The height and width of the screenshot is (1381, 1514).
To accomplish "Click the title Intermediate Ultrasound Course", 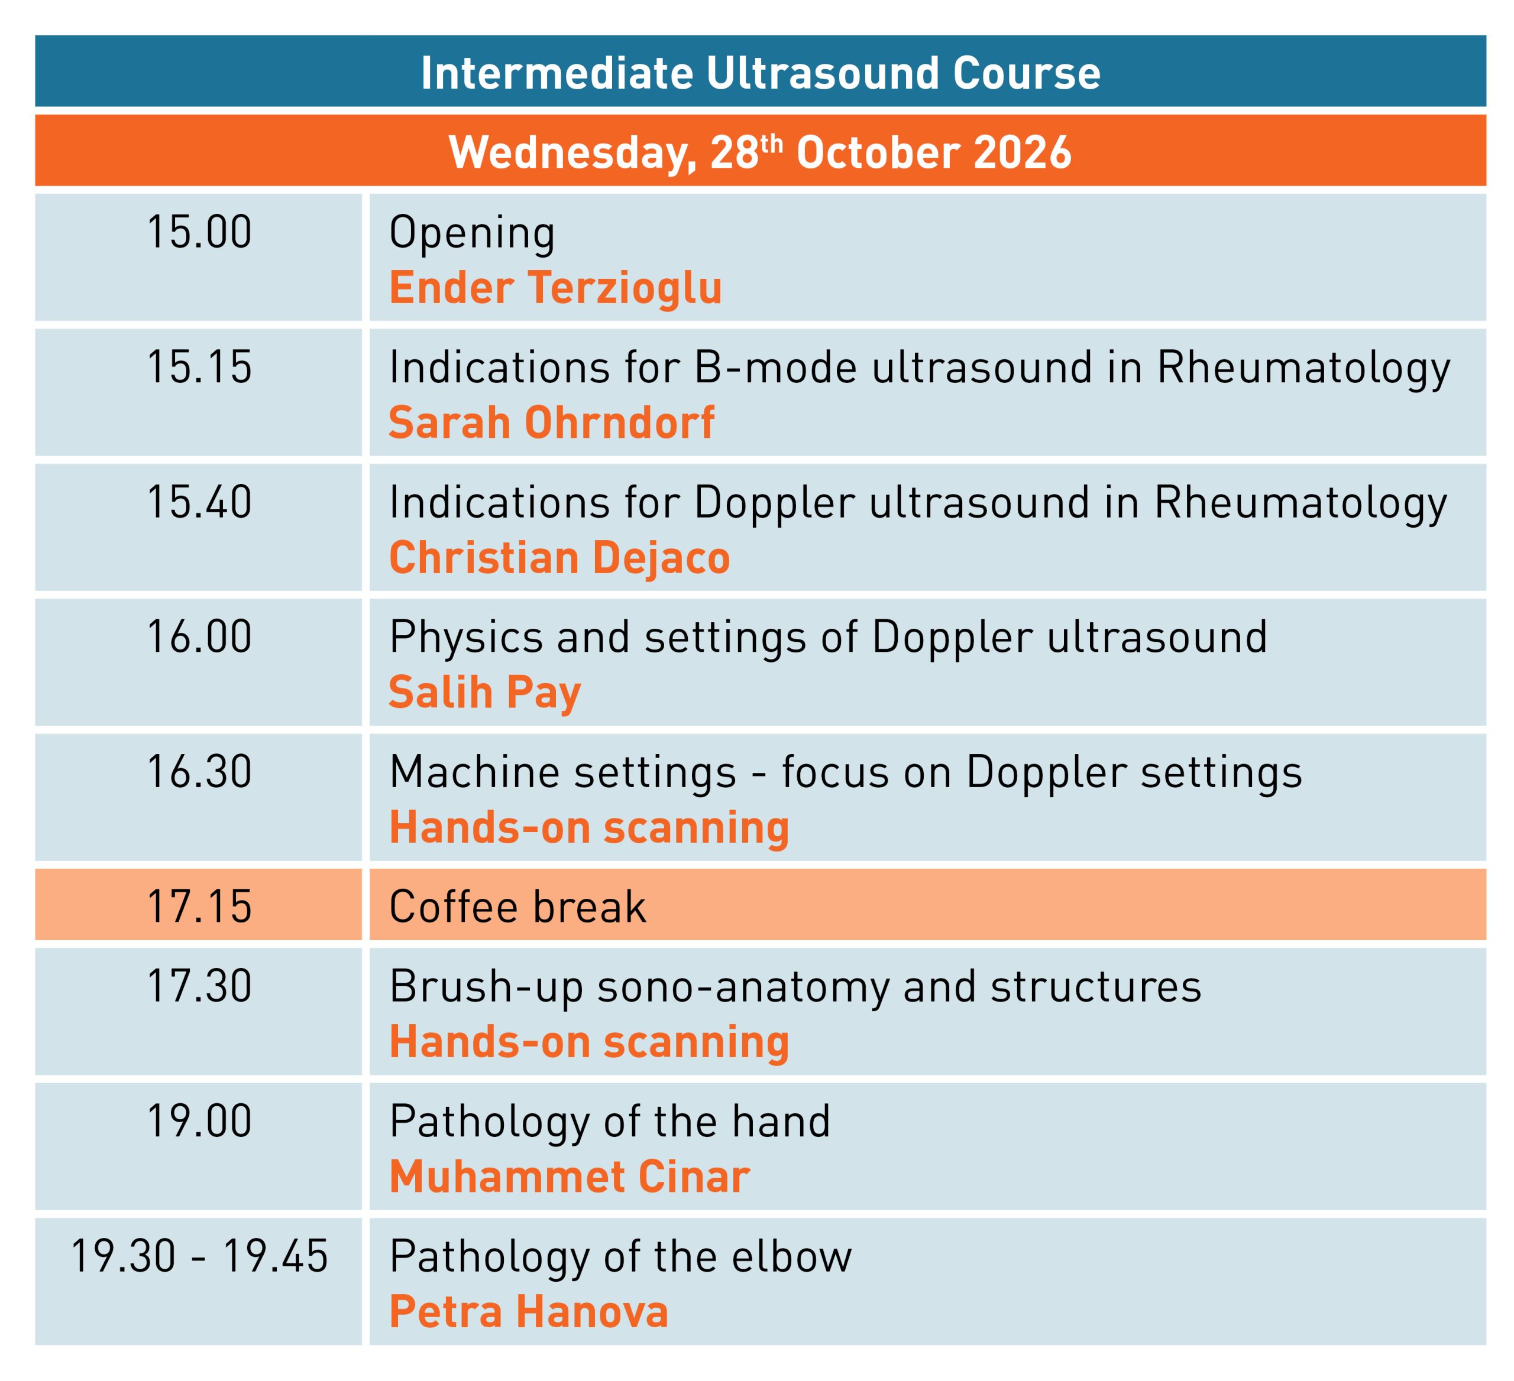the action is click(x=760, y=73).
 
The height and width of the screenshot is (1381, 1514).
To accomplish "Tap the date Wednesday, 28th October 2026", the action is click(x=760, y=152).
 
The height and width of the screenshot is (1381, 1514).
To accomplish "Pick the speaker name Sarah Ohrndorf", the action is click(x=551, y=423).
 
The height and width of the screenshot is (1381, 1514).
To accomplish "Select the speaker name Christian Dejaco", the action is click(x=559, y=558).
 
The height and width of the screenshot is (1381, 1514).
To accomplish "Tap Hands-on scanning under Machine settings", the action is click(x=589, y=828).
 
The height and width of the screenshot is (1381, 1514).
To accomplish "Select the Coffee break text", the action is click(x=517, y=906).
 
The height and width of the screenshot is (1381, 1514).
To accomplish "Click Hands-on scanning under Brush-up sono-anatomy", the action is click(x=589, y=1043).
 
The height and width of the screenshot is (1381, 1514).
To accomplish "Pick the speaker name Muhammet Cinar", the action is click(x=570, y=1177).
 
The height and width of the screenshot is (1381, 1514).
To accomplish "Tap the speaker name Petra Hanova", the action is click(x=529, y=1312).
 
